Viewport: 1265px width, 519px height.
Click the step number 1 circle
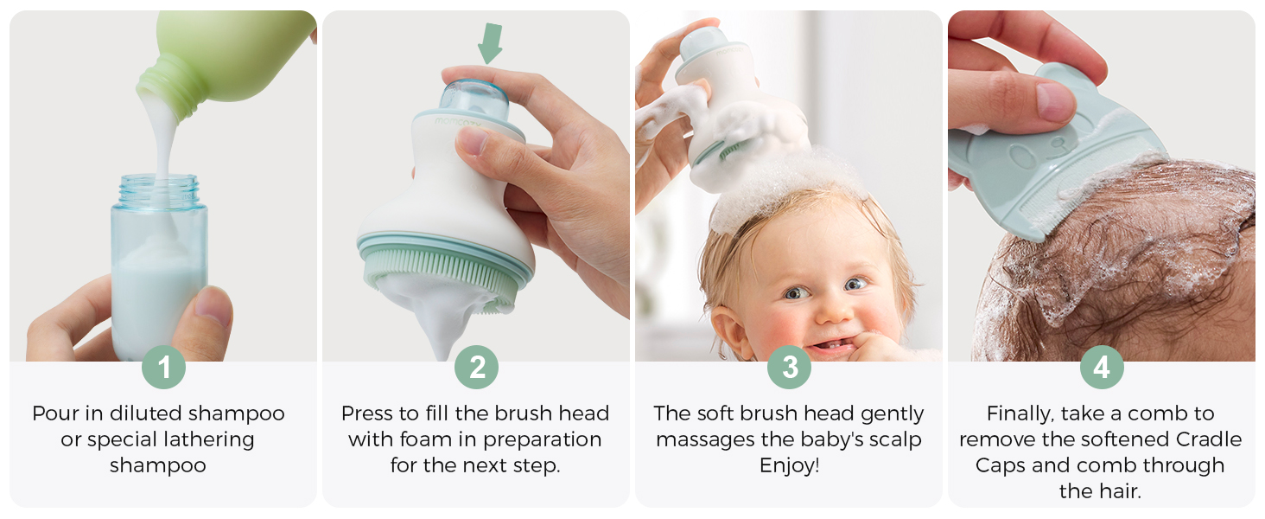tap(164, 367)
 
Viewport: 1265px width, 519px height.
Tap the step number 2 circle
tap(477, 367)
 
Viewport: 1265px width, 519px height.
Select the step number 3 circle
tap(790, 367)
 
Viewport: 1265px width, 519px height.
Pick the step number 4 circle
tap(1102, 367)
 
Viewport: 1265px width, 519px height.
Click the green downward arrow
tap(490, 43)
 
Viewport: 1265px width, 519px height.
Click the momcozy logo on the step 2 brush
tap(457, 122)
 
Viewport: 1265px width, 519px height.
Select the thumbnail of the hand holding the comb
tap(1057, 102)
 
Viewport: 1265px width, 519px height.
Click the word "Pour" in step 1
tap(55, 413)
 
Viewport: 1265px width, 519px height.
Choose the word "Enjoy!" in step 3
tap(789, 465)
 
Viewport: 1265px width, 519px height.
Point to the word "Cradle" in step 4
tap(1209, 439)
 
